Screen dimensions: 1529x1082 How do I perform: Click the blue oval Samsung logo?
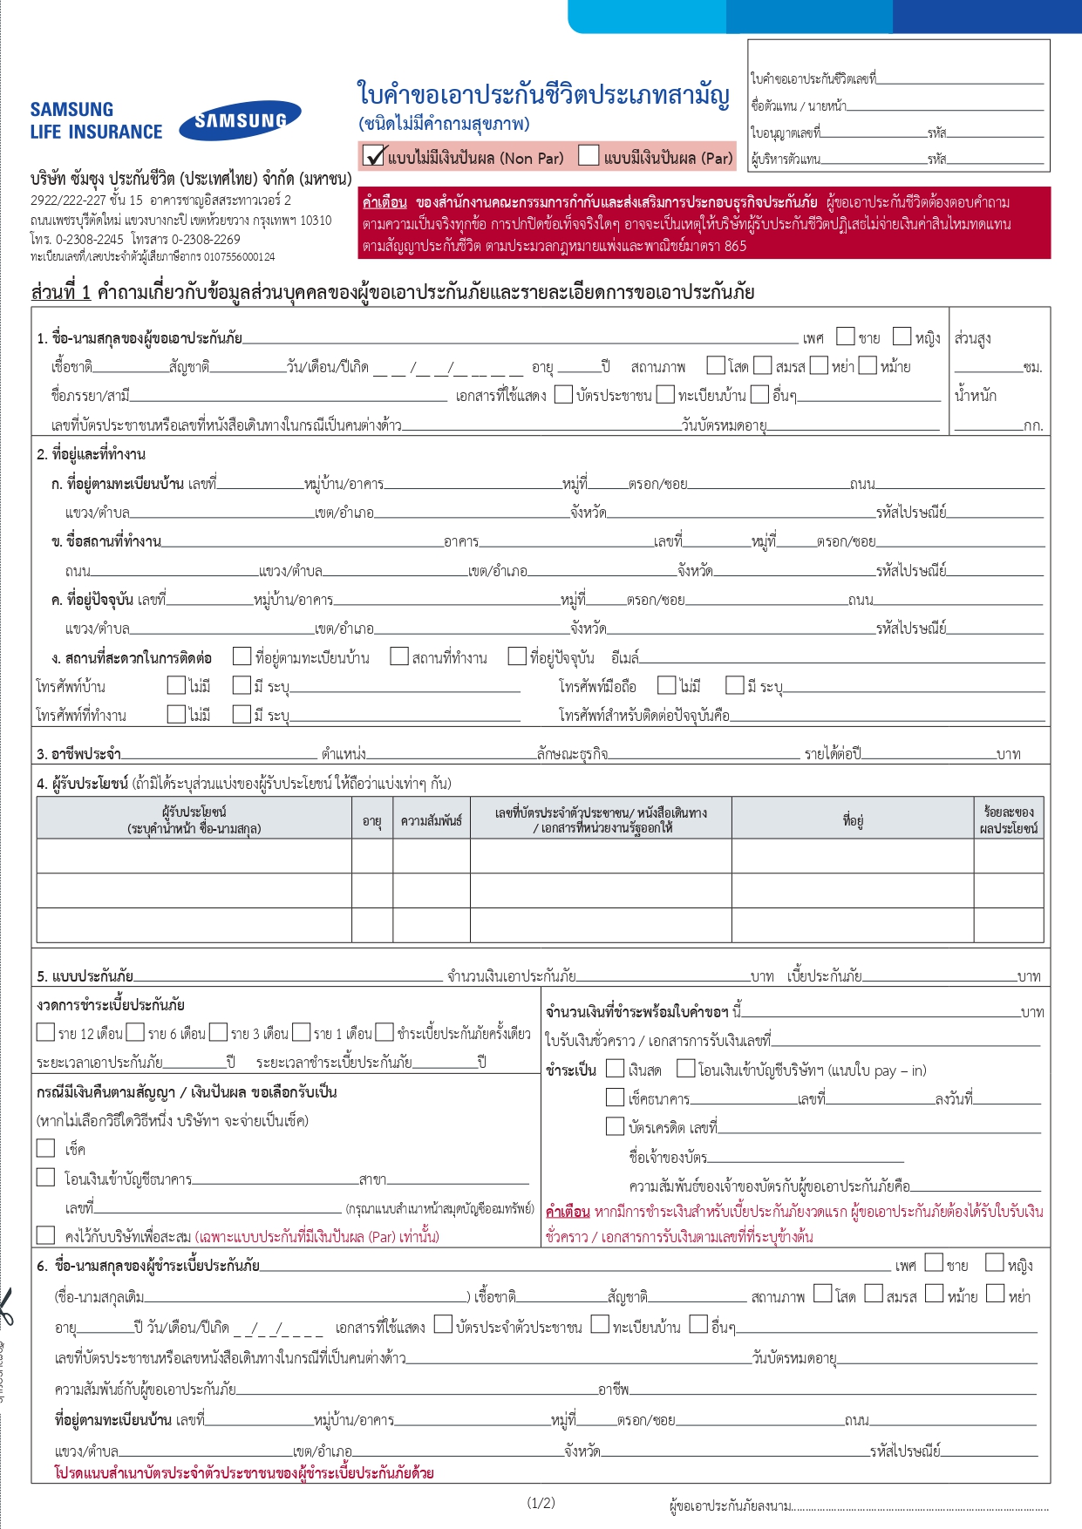coord(240,120)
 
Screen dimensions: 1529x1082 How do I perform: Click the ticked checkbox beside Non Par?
coord(374,156)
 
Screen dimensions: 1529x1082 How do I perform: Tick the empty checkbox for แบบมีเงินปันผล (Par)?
coord(589,156)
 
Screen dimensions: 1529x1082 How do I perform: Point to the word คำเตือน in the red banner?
coord(384,202)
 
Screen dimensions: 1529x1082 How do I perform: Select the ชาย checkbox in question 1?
coord(845,336)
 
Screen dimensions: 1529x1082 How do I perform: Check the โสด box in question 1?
coord(716,365)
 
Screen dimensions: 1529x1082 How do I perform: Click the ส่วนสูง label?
coord(972,338)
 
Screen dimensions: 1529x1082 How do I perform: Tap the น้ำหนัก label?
coord(975,396)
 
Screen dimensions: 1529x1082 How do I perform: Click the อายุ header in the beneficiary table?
coord(372,820)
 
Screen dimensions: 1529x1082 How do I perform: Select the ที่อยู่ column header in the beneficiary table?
coord(852,820)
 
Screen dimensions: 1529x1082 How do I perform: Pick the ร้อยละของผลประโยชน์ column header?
coord(1008,820)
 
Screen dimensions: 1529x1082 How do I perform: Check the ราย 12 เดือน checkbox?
coord(46,1032)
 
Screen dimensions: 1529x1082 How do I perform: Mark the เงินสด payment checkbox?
coord(616,1069)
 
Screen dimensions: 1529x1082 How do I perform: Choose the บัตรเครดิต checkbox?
coord(616,1126)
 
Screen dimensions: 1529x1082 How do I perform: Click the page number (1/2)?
coord(541,1502)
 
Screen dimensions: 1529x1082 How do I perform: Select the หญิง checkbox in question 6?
coord(994,1263)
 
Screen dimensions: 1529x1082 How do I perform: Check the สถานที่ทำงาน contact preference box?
coord(399,656)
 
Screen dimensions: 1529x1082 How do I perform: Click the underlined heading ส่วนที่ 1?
coord(61,292)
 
